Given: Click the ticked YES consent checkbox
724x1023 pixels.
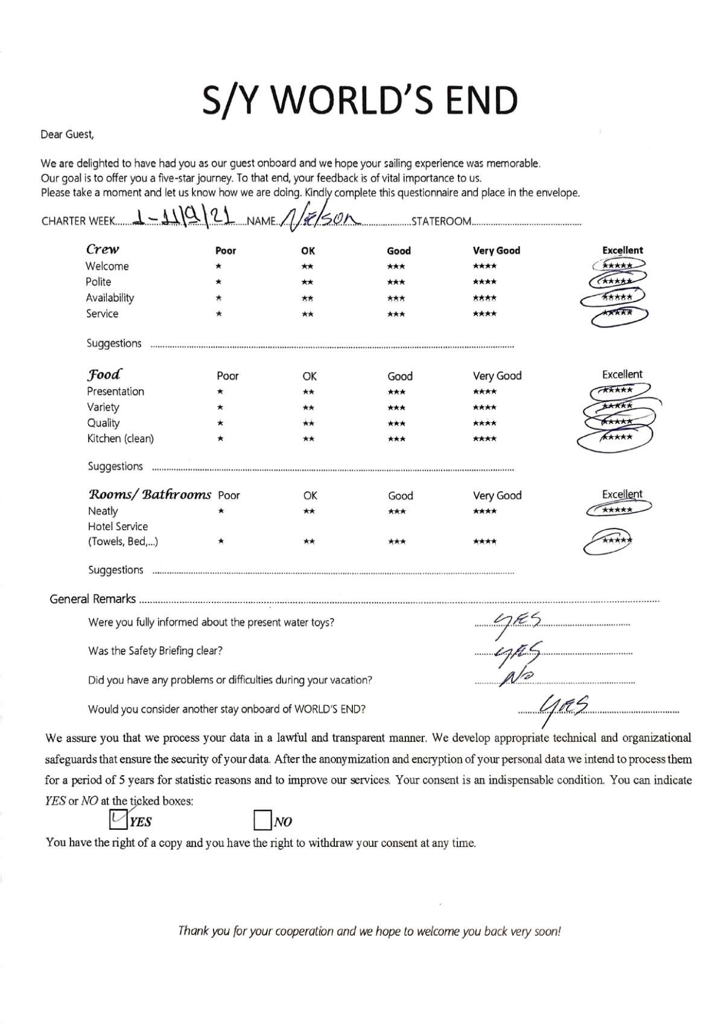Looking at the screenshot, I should (118, 819).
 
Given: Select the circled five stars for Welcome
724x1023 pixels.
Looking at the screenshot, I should (618, 265).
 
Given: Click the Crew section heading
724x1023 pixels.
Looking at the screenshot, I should (103, 249).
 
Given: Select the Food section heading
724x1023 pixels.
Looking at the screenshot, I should (104, 375).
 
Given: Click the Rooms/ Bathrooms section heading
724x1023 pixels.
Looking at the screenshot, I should (150, 495).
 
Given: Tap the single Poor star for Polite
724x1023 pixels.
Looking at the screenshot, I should (218, 282).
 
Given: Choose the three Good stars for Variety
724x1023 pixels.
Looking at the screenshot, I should (396, 408).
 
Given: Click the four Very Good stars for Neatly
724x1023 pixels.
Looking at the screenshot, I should (484, 512).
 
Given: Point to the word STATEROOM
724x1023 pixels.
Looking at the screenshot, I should (440, 221).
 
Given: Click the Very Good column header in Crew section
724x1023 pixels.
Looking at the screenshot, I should (496, 250).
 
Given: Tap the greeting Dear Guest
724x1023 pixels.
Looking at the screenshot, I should (67, 135).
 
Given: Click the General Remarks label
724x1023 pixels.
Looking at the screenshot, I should (92, 599).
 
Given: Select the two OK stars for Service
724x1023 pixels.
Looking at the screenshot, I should (308, 314).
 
